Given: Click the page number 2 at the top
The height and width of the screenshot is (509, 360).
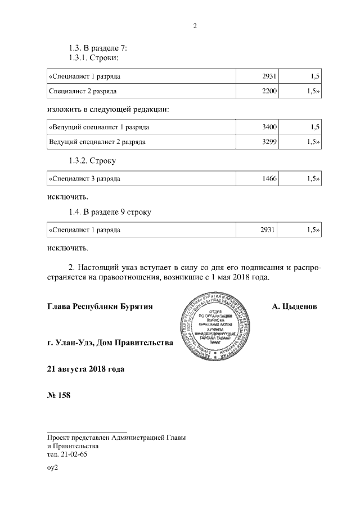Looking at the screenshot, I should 195,26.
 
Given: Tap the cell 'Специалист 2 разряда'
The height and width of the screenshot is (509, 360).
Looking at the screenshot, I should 83,91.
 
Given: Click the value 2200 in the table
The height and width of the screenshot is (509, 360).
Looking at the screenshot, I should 269,91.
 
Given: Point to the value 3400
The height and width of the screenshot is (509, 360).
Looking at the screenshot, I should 269,127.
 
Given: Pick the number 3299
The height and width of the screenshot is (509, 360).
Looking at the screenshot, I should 269,142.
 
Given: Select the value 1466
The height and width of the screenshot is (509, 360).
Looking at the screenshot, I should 269,179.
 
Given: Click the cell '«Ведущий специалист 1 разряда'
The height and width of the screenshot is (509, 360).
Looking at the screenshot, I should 99,127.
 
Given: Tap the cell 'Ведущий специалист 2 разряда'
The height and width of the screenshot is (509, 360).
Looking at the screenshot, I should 97,142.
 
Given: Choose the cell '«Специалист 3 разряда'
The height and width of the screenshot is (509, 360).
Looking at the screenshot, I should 84,179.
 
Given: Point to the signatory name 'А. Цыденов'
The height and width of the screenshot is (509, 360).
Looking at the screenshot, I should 294,307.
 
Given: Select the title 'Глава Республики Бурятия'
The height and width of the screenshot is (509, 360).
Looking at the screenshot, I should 101,307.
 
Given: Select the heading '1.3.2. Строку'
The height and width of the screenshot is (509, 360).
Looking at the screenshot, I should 92,161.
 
